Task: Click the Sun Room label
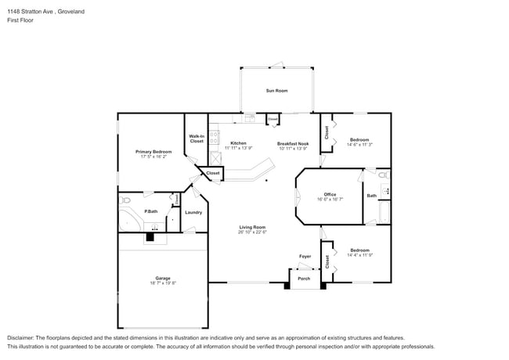coord(276,91)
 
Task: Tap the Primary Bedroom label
coord(153,151)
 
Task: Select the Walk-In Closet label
coord(197,139)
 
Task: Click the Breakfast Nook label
coord(293,143)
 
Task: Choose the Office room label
coord(330,194)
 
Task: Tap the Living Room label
coord(253,227)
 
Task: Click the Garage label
coord(162,279)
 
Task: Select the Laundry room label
coord(193,212)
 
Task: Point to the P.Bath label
coord(150,211)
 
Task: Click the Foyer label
coord(305,257)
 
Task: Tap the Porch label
coord(304,279)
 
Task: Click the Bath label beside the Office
coord(371,196)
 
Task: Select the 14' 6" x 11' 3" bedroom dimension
coord(359,145)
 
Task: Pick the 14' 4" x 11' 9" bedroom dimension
coord(359,255)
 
